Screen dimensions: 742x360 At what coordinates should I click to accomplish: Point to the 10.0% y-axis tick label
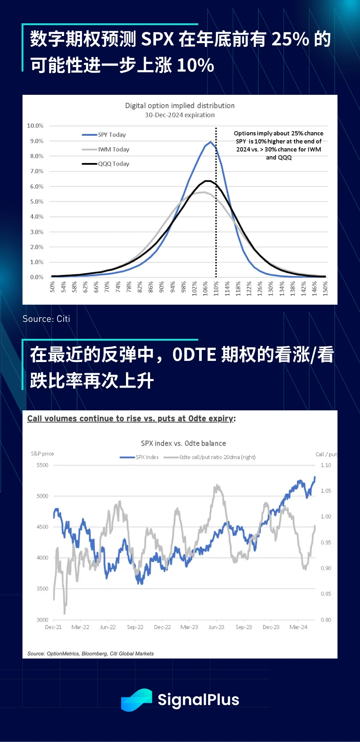pos(35,126)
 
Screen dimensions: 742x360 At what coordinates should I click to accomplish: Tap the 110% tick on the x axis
pos(216,289)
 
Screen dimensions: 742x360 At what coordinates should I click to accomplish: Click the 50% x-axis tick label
pos(52,287)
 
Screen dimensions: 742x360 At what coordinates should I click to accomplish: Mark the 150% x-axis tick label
pos(325,289)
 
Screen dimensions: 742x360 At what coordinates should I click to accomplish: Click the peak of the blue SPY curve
pos(211,142)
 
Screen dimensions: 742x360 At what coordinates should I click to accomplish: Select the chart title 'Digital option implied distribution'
pos(180,106)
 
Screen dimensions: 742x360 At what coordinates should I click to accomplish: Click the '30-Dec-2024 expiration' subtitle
pos(180,115)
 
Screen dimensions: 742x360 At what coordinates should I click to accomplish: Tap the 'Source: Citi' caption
pos(46,319)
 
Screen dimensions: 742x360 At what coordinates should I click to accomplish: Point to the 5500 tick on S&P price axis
pos(42,465)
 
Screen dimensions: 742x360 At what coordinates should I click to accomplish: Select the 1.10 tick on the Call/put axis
pos(326,465)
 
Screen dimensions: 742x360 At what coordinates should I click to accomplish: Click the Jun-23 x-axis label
pos(216,627)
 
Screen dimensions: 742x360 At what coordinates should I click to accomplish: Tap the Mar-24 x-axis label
pos(298,627)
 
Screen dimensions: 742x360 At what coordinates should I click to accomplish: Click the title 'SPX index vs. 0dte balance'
pos(183,443)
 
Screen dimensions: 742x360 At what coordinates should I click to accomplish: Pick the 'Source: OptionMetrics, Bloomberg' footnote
pos(90,654)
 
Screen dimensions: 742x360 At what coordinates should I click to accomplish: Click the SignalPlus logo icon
pos(136,700)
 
